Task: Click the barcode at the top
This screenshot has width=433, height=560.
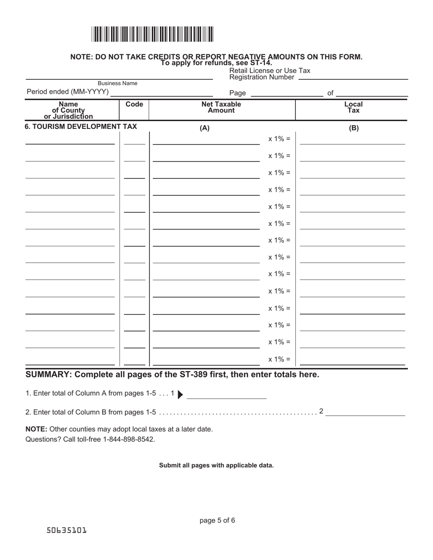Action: click(x=152, y=35)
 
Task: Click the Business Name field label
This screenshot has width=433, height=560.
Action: click(x=118, y=83)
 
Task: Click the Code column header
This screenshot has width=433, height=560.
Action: click(x=134, y=104)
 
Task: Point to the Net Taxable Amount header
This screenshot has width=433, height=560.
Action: click(x=222, y=107)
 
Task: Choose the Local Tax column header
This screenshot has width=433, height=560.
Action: click(x=353, y=107)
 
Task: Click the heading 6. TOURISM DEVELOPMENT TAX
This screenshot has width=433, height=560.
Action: click(x=81, y=127)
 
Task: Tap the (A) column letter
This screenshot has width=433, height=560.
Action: click(x=205, y=128)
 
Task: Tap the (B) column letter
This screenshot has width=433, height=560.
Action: click(x=354, y=128)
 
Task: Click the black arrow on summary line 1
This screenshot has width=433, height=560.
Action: click(x=180, y=394)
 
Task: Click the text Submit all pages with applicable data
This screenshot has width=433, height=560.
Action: click(x=216, y=465)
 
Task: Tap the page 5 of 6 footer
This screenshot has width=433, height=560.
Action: click(x=217, y=520)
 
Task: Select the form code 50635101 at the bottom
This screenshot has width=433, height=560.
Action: click(x=67, y=531)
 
